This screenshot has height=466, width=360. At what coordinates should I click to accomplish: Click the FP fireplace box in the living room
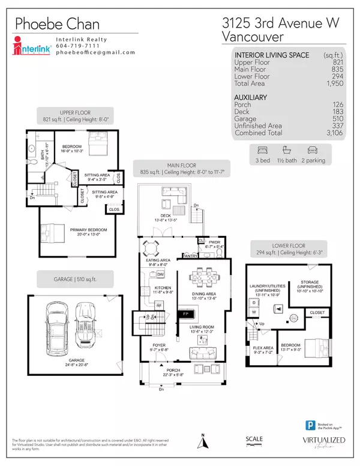click(186, 313)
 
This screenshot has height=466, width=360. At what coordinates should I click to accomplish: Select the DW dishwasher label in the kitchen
click(161, 274)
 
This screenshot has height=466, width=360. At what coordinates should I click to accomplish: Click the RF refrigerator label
click(160, 304)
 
